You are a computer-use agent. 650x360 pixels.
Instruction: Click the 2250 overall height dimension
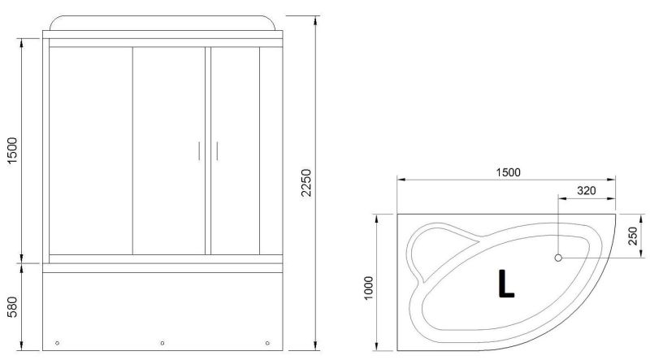tap(305, 183)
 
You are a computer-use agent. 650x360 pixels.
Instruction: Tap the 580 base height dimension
tap(13, 307)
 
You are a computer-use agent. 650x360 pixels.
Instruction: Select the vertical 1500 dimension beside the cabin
tap(13, 150)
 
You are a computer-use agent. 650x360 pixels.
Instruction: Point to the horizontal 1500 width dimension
tap(509, 172)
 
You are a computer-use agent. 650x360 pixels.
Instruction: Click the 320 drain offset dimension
tap(587, 191)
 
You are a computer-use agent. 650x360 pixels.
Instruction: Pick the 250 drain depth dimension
tap(633, 236)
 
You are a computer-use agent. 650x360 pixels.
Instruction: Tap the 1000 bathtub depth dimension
tap(369, 288)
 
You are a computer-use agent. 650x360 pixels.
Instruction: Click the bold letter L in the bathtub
tap(505, 284)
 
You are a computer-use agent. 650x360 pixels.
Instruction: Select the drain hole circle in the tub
tap(558, 258)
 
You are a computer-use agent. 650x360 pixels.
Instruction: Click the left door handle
tap(199, 151)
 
